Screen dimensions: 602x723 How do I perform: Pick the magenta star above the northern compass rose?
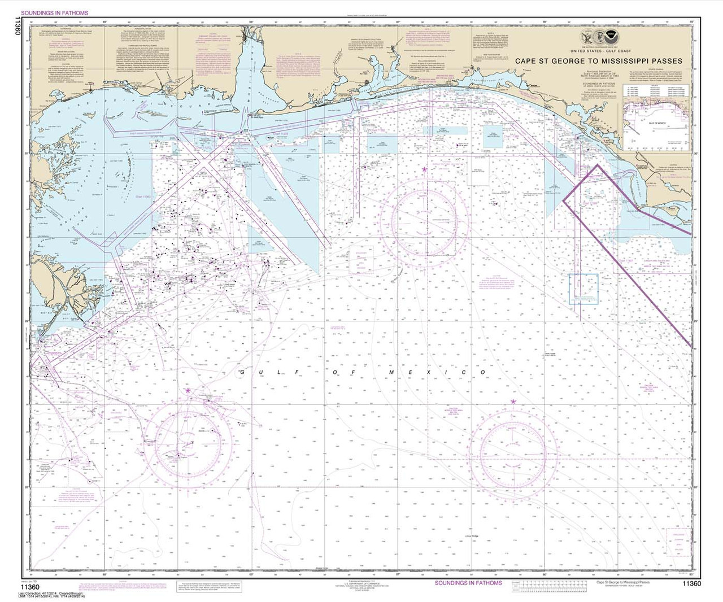click(425, 169)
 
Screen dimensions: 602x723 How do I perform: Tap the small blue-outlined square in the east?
click(583, 289)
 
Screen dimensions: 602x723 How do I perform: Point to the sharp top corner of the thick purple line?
click(598, 165)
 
